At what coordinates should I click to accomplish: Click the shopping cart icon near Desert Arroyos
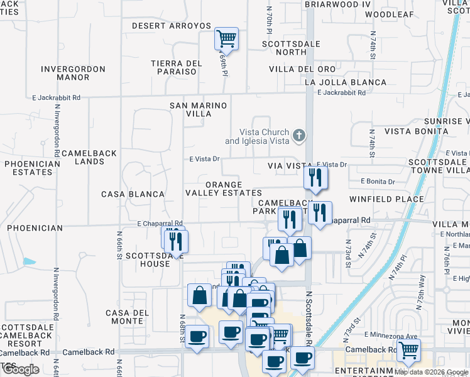(x=226, y=39)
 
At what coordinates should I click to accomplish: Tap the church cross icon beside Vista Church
(x=300, y=134)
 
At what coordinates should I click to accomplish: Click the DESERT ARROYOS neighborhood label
(x=172, y=26)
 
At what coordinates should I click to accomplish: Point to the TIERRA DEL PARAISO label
(x=177, y=68)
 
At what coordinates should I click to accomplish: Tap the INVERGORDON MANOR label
(x=74, y=73)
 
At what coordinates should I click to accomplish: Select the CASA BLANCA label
(x=133, y=194)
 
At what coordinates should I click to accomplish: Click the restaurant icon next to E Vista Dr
(x=315, y=177)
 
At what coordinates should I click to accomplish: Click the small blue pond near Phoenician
(x=29, y=261)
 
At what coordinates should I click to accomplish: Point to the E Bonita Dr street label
(x=378, y=182)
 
